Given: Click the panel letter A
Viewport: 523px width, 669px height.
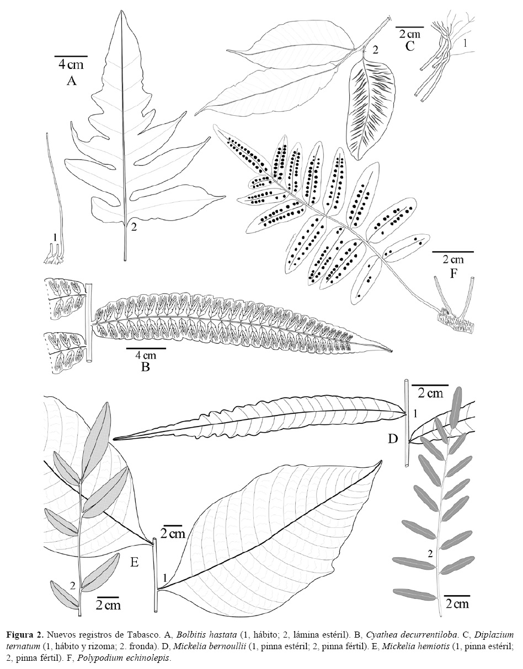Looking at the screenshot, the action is coord(71,81).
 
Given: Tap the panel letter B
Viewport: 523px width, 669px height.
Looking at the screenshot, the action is coord(145,366).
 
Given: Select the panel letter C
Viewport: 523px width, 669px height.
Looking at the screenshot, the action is coord(410,46).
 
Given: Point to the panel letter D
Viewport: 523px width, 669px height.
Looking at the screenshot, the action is coord(393,439).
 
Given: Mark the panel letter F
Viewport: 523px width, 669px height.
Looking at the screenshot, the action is coord(452,273).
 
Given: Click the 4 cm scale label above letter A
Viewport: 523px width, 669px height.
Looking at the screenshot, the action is coord(71,65).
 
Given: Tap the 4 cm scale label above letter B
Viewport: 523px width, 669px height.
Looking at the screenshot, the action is coord(146,355).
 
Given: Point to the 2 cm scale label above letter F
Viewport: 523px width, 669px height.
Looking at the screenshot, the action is coord(453,260).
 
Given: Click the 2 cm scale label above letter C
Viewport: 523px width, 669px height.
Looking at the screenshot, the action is coord(410,34).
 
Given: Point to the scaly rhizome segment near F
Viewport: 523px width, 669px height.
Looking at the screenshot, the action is coord(457,321).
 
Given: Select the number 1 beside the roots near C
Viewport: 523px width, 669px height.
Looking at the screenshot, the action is coord(465,44).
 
